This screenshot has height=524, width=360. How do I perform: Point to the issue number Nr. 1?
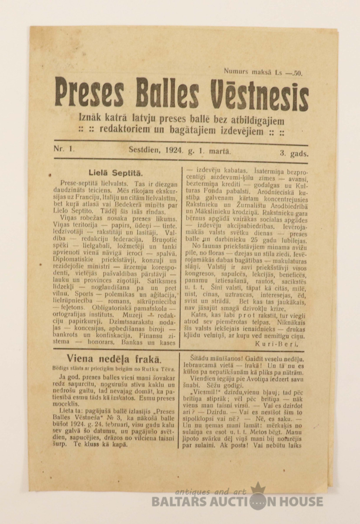(x=64, y=148)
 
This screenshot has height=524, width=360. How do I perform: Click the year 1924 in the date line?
(x=174, y=151)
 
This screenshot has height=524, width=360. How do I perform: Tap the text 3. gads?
(x=294, y=153)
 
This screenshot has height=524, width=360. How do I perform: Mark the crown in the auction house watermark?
(x=258, y=487)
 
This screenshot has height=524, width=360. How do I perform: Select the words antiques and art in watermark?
(x=211, y=492)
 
